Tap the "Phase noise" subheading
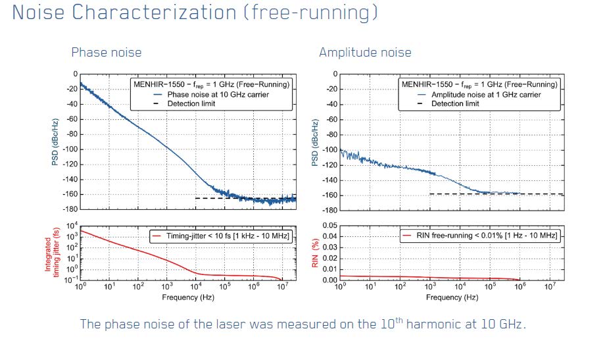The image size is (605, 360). [106, 53]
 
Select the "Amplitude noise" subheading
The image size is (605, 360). [365, 53]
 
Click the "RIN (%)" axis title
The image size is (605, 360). [315, 252]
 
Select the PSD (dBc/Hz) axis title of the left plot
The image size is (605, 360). [57, 141]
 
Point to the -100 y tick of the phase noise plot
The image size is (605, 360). [68, 149]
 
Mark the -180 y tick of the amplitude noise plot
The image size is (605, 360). [329, 209]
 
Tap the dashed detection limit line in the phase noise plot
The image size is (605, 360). [217, 198]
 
